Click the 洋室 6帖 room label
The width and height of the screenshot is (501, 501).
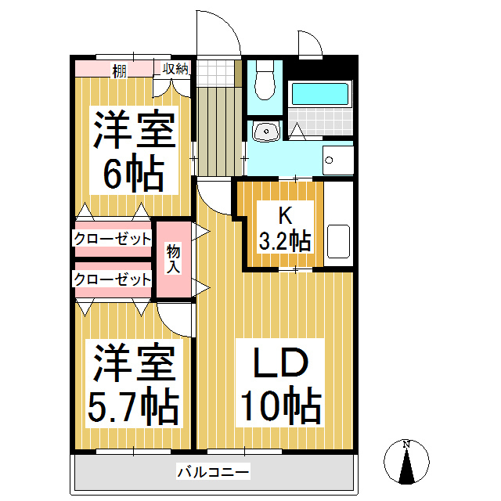pos(134,150)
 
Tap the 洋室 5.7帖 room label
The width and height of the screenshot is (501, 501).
pos(134,384)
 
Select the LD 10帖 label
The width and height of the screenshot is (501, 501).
pos(280,384)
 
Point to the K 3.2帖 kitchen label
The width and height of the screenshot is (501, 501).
pos(285,228)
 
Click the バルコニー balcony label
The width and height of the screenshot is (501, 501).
pos(213,471)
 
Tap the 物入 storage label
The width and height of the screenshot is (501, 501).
pos(173,259)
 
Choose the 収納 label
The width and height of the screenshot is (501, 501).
pos(175,69)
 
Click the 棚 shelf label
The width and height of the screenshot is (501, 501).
pos(119,70)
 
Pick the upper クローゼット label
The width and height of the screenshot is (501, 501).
pos(113,239)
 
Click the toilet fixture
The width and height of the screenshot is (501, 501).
pos(265,81)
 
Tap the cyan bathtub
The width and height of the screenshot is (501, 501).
pos(320,94)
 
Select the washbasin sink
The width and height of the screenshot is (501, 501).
pos(266,131)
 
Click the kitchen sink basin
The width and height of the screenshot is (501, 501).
pos(338,241)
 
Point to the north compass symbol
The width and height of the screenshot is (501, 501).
pos(406,462)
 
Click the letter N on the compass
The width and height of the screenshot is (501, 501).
pos(406,444)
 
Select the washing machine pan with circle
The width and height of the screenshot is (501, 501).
pos(338,160)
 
